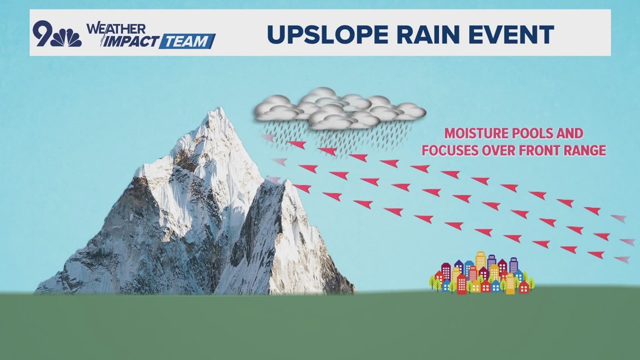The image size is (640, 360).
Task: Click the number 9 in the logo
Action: tap(43, 33)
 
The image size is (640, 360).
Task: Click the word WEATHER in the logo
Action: tap(116, 29)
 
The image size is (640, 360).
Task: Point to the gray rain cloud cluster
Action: tap(340, 108)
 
